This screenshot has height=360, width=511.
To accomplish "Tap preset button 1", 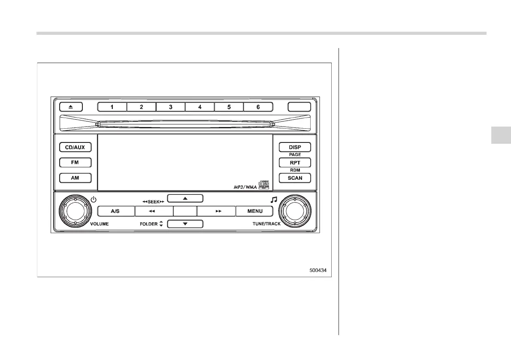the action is tap(112, 107).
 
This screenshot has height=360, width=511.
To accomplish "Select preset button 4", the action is tap(200, 107).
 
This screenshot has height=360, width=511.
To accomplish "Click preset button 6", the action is tap(258, 107).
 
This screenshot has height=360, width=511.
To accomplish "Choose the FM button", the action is tap(75, 163).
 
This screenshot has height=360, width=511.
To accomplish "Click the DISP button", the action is tap(295, 147).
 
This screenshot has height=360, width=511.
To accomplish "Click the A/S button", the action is tap(115, 211).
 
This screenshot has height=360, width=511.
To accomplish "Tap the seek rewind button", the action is tap(154, 211).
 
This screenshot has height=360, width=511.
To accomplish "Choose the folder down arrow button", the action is tap(185, 224).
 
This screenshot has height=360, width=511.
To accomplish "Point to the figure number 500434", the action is tap(321, 271).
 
